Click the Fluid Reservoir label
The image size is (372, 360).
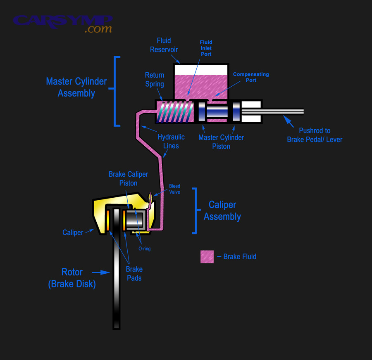pos(164,45)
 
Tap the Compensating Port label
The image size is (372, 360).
pos(251,77)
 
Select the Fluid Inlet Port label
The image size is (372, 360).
pos(206,48)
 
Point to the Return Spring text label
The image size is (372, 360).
pos(155,80)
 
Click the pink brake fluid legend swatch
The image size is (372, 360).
pos(207,257)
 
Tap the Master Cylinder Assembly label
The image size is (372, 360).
pos(76,87)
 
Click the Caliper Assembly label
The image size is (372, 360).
pos(222,211)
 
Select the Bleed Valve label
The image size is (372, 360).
pos(174,189)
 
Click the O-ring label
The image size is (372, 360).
pos(144,249)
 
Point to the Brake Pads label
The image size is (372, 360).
pos(134,274)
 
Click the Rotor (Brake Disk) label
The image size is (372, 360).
pos(72,278)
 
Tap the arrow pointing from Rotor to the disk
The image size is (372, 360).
pos(100,272)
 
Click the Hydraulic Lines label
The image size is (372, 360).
pos(171,141)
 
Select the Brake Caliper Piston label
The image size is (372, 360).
pos(128,178)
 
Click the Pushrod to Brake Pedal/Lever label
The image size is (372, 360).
pos(315,135)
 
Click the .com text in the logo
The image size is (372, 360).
pos(98,29)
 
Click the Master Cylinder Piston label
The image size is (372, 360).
pos(221,142)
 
